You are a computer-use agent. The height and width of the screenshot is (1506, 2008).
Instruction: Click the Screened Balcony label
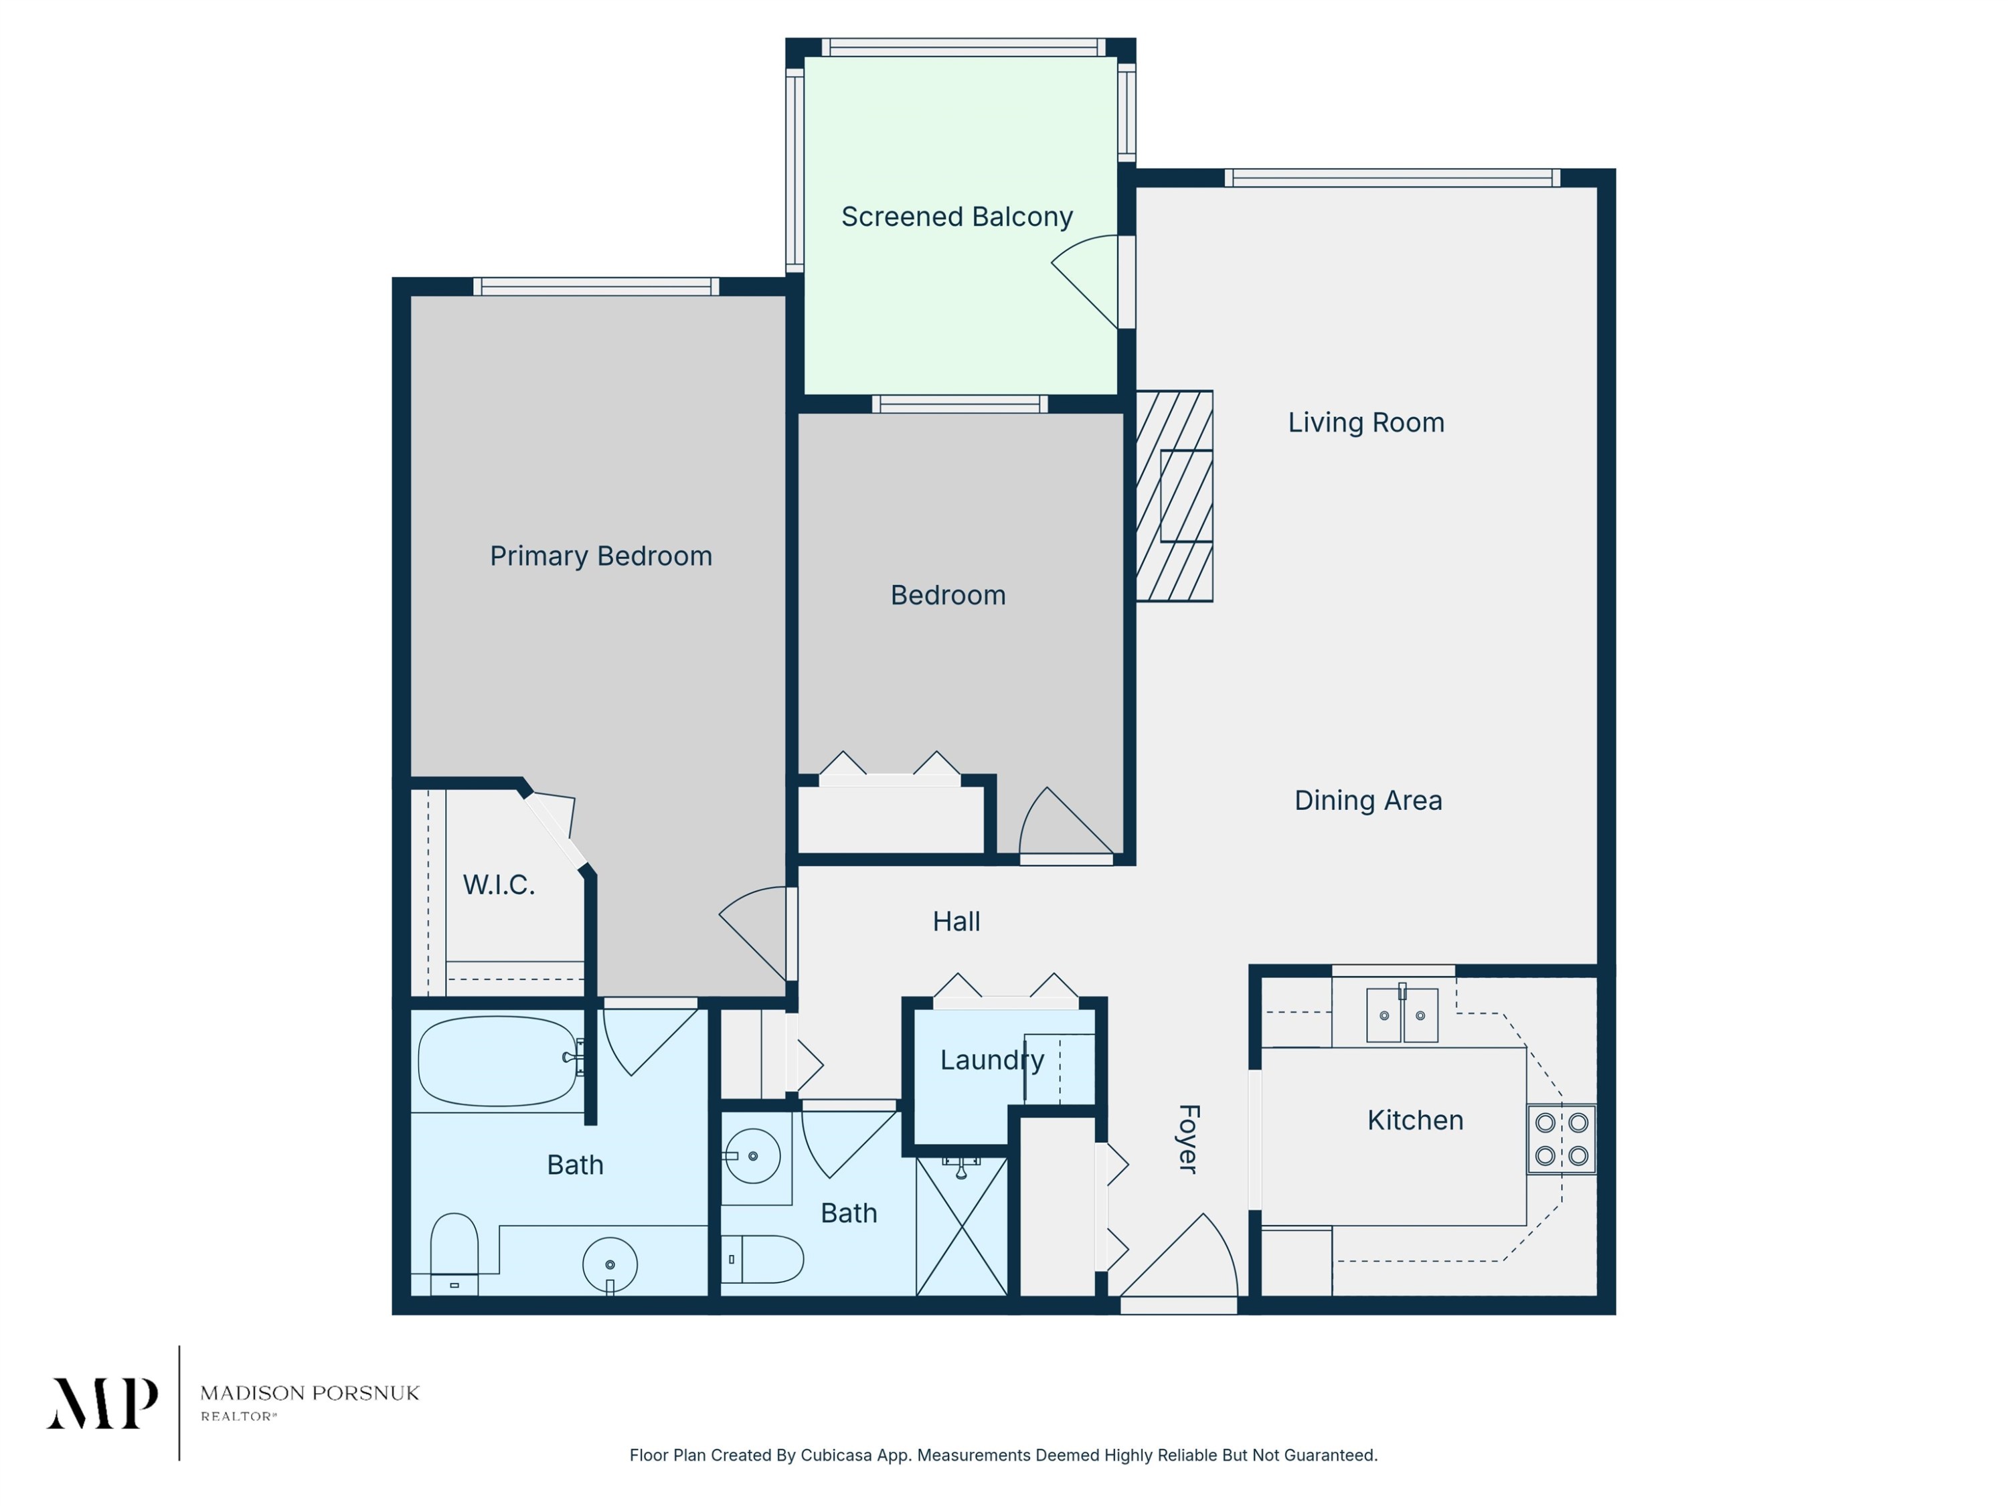pyautogui.click(x=956, y=217)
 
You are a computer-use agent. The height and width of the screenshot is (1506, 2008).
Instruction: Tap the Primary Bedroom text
pyautogui.click(x=601, y=556)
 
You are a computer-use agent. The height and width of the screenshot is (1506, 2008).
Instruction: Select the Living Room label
pyautogui.click(x=1366, y=422)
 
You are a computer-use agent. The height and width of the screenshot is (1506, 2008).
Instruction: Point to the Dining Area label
pyautogui.click(x=1368, y=800)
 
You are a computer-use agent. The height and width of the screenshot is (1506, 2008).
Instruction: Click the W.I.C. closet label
pyautogui.click(x=499, y=884)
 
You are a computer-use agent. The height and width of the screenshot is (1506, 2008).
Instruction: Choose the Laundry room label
pyautogui.click(x=992, y=1060)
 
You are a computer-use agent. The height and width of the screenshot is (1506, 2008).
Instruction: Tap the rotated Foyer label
pyautogui.click(x=1188, y=1139)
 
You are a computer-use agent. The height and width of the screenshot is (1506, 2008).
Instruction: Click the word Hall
pyautogui.click(x=956, y=922)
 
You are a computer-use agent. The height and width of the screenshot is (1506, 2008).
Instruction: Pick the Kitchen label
pyautogui.click(x=1415, y=1120)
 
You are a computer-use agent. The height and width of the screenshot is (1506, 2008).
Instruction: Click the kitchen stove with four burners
pyautogui.click(x=1562, y=1139)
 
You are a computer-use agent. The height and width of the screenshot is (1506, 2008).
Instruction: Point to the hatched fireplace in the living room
pyautogui.click(x=1175, y=496)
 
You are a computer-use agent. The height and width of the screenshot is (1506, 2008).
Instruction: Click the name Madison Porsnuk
pyautogui.click(x=309, y=1392)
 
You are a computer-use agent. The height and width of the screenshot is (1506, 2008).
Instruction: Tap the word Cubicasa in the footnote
pyautogui.click(x=837, y=1455)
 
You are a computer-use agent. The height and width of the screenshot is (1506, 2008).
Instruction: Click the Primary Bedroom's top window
pyautogui.click(x=596, y=287)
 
